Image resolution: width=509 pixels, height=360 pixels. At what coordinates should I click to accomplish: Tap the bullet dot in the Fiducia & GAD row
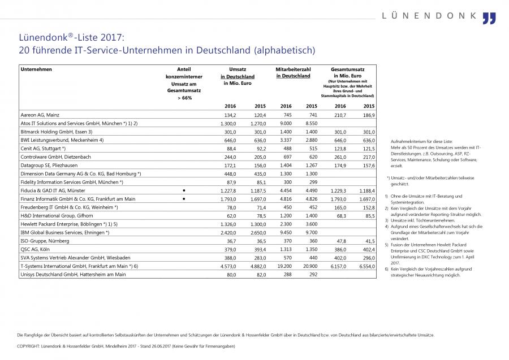184,190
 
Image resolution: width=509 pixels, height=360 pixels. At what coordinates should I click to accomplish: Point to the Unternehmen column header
36,69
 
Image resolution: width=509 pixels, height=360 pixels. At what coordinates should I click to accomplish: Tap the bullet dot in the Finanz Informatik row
184,198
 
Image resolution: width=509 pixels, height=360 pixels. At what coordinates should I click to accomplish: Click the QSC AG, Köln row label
34,249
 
